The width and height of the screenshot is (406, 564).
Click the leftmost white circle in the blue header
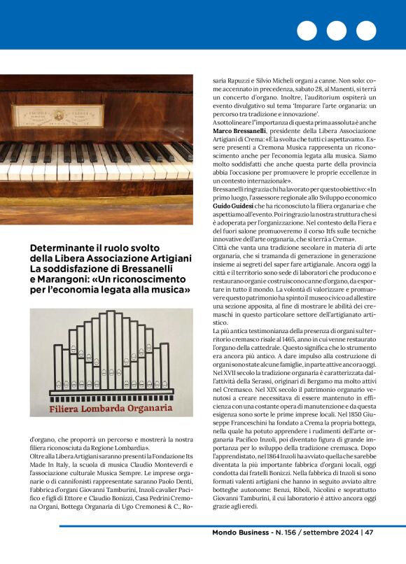tap(307, 31)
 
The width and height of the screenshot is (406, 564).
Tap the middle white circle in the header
tap(337, 31)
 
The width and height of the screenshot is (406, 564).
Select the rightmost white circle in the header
tap(366, 31)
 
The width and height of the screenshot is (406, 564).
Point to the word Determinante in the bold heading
tap(66, 248)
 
